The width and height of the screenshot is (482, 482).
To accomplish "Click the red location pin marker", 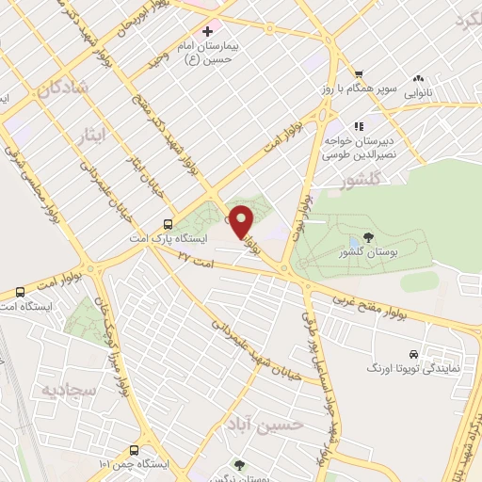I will click(242, 220).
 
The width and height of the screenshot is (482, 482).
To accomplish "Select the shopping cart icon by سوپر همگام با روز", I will click(358, 74).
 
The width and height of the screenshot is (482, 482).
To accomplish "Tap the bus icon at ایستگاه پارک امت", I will click(168, 224).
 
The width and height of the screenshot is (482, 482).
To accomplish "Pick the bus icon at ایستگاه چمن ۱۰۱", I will click(134, 450).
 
